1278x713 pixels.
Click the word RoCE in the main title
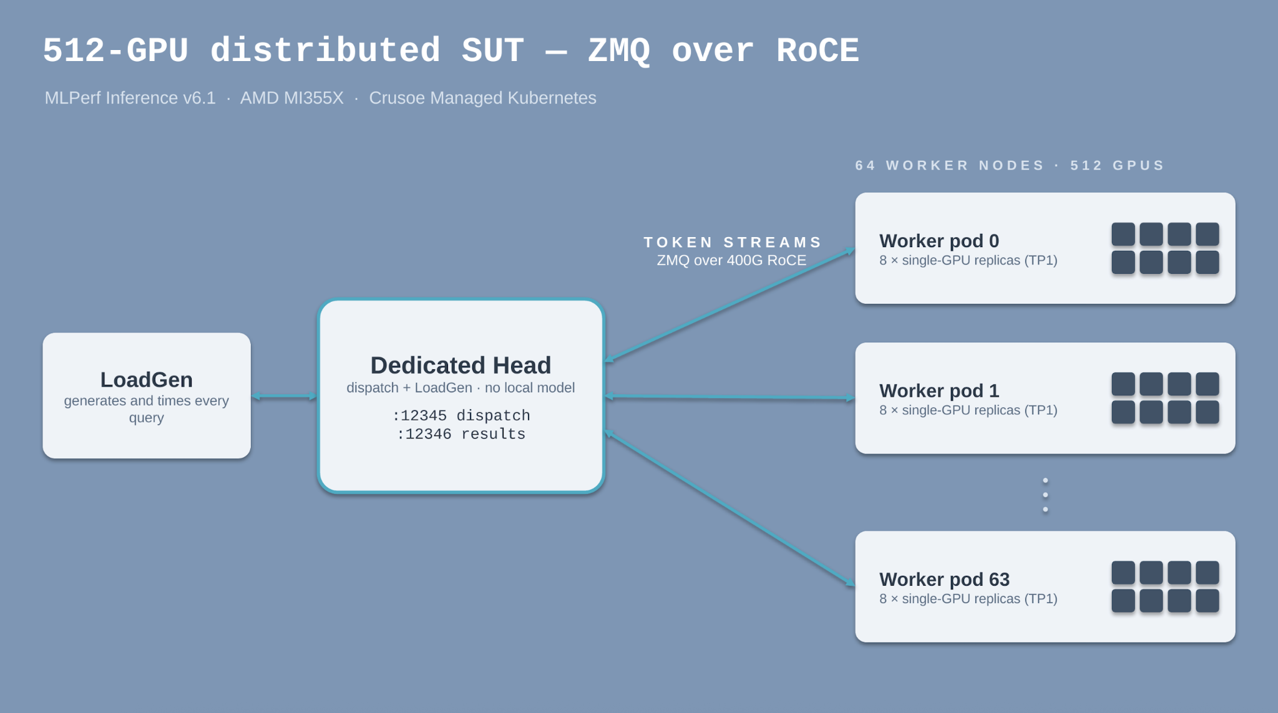(817, 51)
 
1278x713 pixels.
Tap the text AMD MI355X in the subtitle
(292, 98)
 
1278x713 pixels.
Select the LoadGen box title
(147, 379)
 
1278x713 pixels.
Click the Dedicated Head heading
(461, 365)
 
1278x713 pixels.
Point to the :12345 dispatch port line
(461, 415)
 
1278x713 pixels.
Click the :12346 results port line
(461, 434)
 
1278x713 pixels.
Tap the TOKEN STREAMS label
(733, 242)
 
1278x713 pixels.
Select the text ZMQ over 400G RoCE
(731, 260)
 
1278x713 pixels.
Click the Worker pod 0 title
(939, 241)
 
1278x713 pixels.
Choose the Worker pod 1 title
(939, 390)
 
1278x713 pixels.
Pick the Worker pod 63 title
(944, 580)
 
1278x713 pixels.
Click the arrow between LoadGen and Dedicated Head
(284, 396)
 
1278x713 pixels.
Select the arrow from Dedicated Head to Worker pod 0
(729, 305)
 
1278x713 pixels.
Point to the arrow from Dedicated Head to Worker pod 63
(729, 508)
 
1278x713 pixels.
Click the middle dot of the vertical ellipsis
(1045, 495)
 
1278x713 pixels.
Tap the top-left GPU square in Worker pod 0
(1123, 235)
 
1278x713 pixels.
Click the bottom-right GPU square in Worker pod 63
(1207, 601)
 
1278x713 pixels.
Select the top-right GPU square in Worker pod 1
(1207, 384)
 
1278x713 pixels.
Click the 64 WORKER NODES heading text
(950, 165)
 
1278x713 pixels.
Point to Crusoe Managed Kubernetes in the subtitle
(482, 98)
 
